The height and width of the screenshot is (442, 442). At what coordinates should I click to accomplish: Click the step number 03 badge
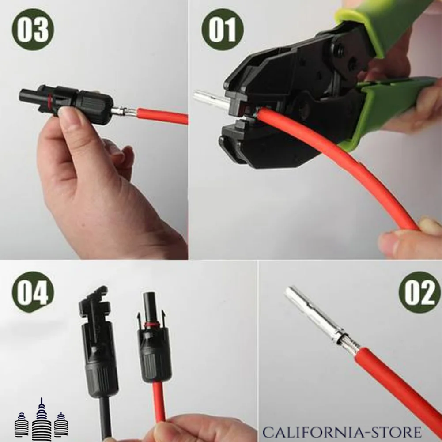tap(33, 29)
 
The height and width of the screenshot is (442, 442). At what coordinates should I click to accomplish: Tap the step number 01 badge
tap(223, 29)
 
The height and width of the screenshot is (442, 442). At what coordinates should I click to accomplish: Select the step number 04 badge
tap(33, 292)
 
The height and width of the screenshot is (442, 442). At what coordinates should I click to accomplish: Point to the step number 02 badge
tap(420, 292)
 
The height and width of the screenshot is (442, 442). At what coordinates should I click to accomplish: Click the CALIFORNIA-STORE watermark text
tap(342, 432)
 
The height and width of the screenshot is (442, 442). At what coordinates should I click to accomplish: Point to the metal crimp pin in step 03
tap(124, 112)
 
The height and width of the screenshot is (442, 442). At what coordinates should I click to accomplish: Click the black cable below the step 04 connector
tap(105, 417)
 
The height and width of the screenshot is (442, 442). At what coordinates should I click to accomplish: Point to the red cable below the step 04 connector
tap(159, 401)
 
